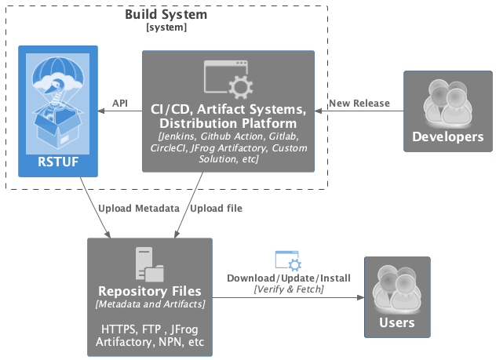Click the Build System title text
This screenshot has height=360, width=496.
166,15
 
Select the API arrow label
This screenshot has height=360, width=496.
120,103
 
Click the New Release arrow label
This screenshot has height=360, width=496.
358,103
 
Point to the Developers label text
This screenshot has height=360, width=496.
448,136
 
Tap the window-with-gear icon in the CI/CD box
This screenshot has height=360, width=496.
228,78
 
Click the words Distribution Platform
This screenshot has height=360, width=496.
228,123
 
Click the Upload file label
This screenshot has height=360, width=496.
217,208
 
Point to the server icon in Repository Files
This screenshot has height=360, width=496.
148,264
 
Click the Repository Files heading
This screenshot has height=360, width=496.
148,290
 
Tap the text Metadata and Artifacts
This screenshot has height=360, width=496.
148,303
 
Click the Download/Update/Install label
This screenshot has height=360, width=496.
288,278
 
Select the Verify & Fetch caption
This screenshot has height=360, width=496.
288,289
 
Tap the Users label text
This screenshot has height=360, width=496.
396,322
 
